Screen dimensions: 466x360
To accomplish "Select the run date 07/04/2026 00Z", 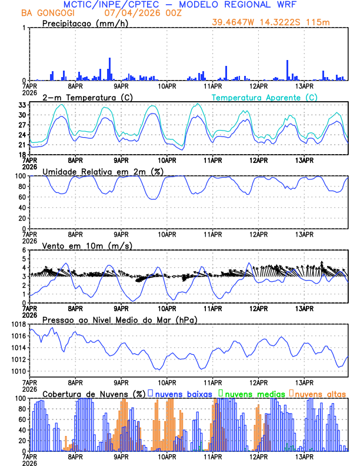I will [141, 13].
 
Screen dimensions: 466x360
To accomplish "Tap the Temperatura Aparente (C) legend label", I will [264, 97].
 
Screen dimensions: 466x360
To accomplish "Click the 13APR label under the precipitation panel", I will [305, 86].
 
